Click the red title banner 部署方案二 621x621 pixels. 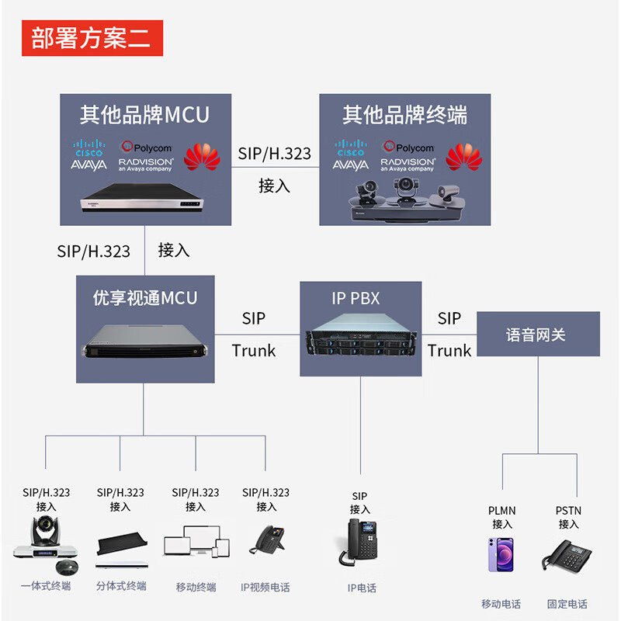click(92, 37)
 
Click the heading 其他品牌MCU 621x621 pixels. click(144, 115)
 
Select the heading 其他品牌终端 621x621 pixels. click(405, 115)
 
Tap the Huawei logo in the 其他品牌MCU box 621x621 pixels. click(202, 156)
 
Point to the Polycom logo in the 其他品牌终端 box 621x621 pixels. click(408, 147)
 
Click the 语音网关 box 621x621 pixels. click(537, 335)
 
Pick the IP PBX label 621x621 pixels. click(356, 298)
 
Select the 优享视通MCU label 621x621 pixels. click(145, 298)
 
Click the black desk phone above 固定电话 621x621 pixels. click(567, 556)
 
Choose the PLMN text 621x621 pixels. click(501, 511)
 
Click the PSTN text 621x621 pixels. click(568, 511)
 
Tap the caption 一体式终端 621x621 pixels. click(46, 586)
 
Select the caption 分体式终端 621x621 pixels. click(120, 586)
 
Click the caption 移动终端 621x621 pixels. click(196, 587)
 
